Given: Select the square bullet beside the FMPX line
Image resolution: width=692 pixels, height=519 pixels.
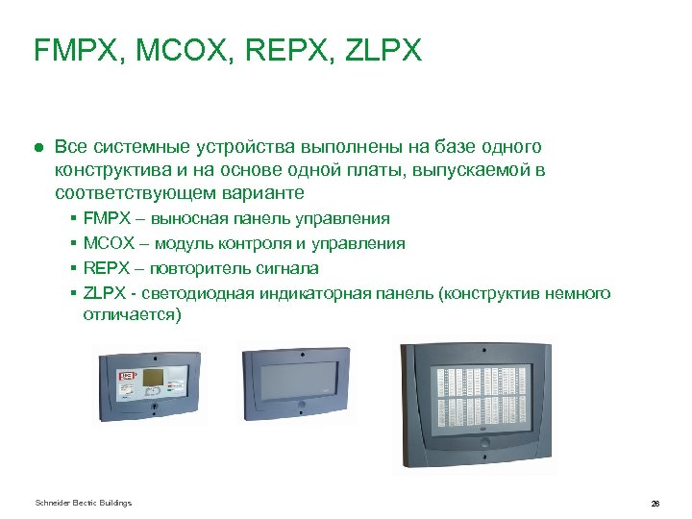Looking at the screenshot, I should (74, 220).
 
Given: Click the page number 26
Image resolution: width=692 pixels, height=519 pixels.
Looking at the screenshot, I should (655, 504).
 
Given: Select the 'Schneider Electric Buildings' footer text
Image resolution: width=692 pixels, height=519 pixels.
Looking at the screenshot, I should (83, 503).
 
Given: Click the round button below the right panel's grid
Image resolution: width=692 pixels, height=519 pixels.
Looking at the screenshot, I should (483, 445).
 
